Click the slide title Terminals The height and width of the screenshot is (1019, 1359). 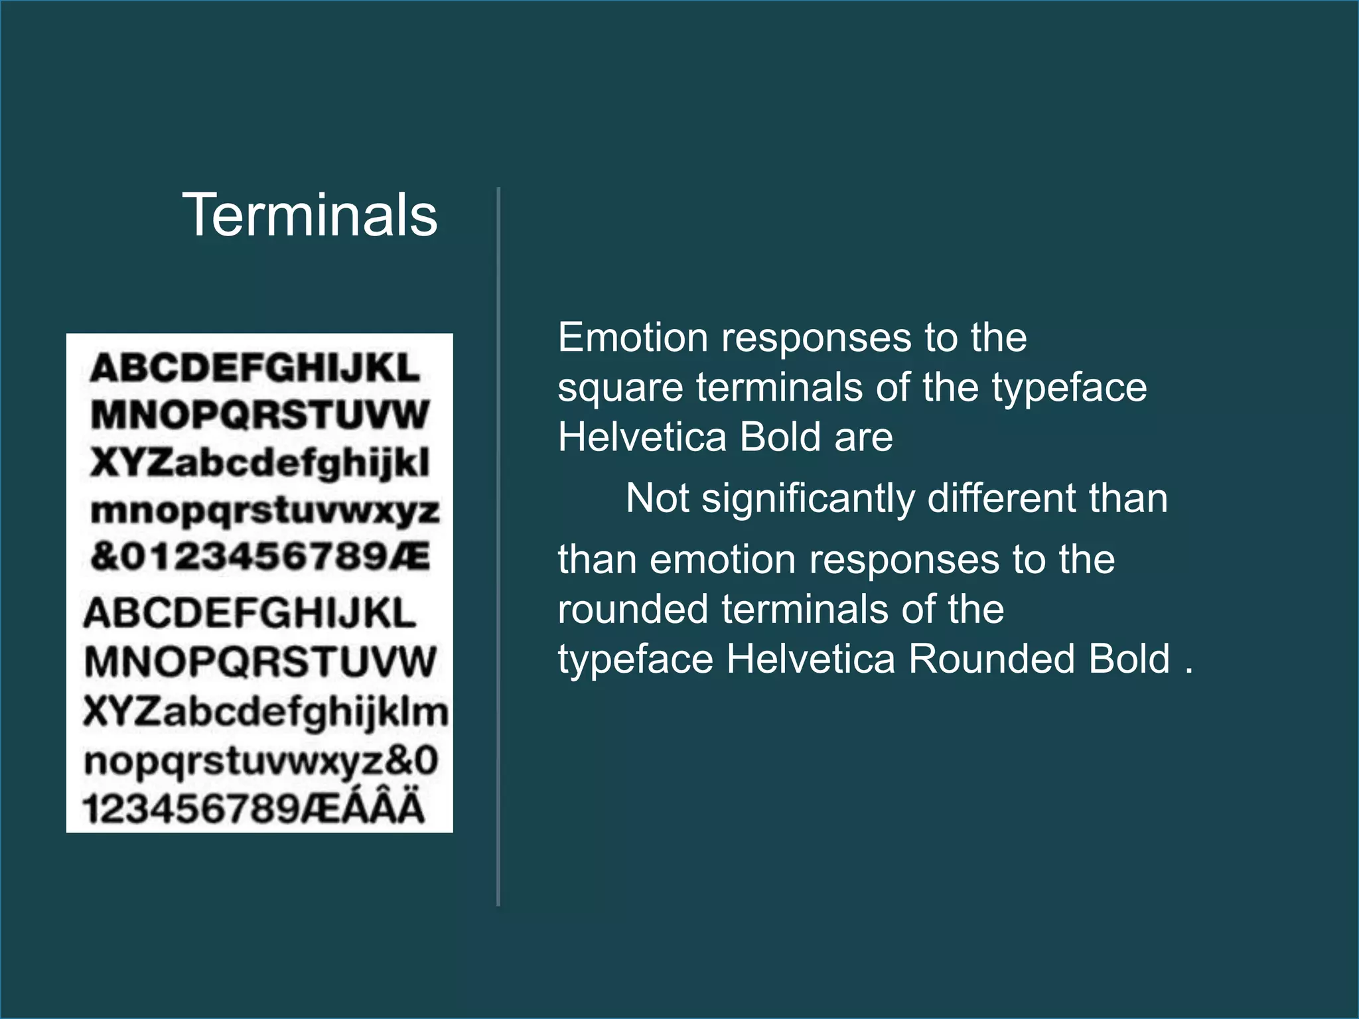point(310,215)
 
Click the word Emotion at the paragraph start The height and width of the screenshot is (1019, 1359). point(634,338)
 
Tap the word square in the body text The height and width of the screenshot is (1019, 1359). point(620,388)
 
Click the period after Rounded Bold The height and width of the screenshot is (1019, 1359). point(1188,670)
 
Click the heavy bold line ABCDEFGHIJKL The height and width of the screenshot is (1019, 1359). point(255,368)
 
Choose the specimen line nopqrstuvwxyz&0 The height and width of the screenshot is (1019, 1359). point(261,761)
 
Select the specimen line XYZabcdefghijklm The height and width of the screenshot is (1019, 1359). point(266,713)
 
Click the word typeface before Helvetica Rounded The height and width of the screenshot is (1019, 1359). point(635,659)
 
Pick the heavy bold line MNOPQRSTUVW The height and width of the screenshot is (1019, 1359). point(260,415)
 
